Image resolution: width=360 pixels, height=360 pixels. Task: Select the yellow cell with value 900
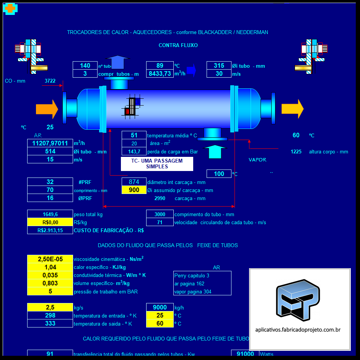click(x=134, y=190)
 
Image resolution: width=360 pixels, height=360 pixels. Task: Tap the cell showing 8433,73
click(x=160, y=74)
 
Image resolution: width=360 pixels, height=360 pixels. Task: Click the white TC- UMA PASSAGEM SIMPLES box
click(x=157, y=164)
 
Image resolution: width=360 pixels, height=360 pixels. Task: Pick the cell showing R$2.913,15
click(x=50, y=230)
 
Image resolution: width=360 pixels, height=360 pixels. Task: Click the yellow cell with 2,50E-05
click(x=50, y=259)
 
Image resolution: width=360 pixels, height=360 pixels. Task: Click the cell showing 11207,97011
click(x=50, y=143)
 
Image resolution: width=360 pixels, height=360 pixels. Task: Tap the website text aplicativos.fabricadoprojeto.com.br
click(x=298, y=329)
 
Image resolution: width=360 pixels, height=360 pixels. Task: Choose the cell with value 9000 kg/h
click(x=160, y=308)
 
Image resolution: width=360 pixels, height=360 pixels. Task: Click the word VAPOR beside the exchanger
click(x=257, y=160)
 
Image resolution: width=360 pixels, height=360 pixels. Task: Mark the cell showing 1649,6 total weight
click(x=50, y=215)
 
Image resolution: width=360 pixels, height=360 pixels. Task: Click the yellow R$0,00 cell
click(x=50, y=222)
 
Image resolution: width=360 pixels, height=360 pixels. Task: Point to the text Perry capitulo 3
click(x=192, y=275)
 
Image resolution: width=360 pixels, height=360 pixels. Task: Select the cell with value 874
click(x=134, y=182)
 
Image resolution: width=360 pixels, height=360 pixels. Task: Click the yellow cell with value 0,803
click(x=50, y=283)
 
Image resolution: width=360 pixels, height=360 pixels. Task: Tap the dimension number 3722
click(x=50, y=81)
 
